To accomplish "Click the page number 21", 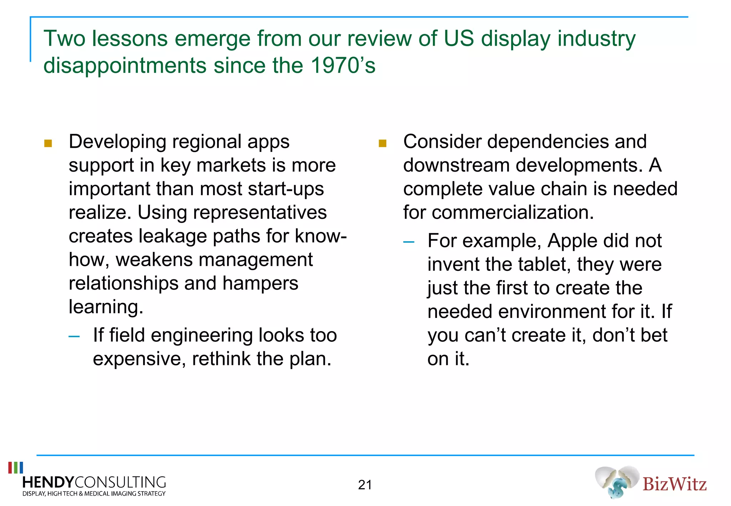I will (365, 485).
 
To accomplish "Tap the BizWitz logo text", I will (674, 484).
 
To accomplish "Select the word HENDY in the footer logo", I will (48, 482).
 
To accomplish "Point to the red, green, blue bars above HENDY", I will (16, 467).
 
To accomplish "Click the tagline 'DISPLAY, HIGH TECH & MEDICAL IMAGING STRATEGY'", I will (94, 494).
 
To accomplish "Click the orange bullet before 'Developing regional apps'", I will (48, 143).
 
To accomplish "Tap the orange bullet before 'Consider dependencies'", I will (382, 143).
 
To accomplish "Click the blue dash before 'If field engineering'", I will (74, 336).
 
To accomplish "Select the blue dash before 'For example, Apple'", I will (408, 242).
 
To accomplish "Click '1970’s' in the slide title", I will (343, 66).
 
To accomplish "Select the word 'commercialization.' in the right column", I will (513, 213).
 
